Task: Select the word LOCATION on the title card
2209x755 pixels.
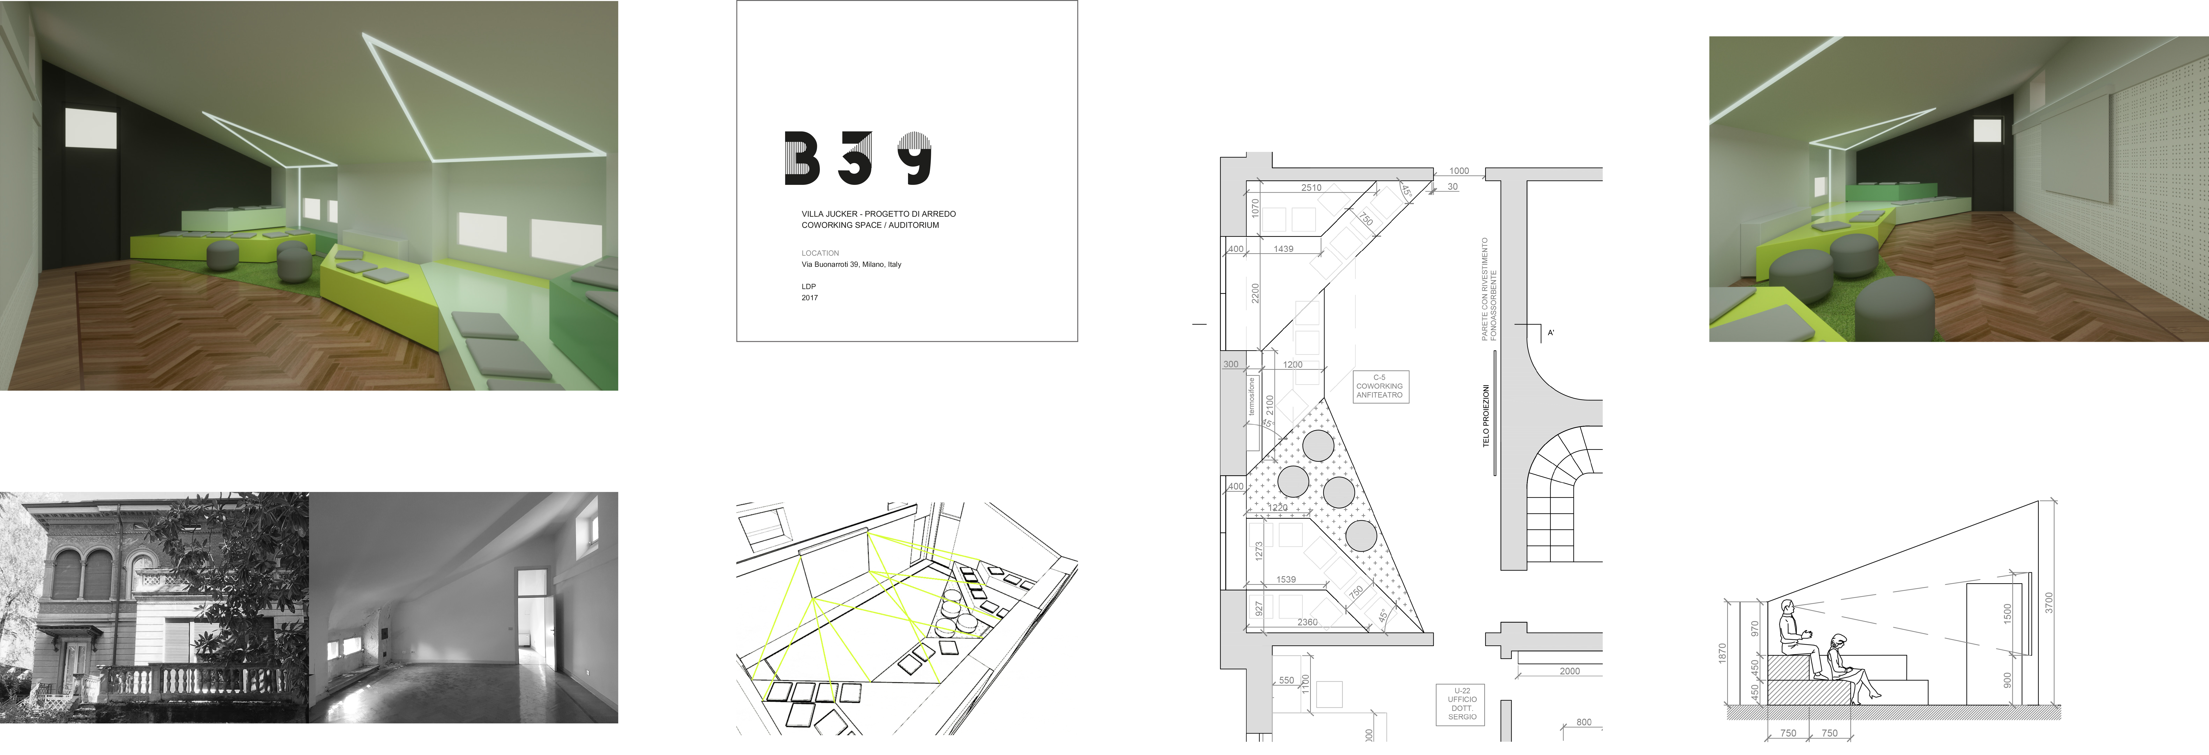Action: click(x=820, y=253)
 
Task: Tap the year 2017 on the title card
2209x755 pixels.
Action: click(x=810, y=298)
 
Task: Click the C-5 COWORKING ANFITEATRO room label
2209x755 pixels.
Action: click(x=1379, y=386)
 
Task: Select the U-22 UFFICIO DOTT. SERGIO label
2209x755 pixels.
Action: click(x=1462, y=704)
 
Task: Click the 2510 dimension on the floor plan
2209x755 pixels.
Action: click(x=1311, y=187)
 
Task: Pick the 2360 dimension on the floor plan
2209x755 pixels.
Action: click(x=1307, y=622)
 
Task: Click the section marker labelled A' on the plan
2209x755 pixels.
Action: click(x=1550, y=333)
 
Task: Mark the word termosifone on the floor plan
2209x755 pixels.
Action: click(x=1251, y=396)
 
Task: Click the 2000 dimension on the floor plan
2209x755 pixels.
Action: click(x=1569, y=671)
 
